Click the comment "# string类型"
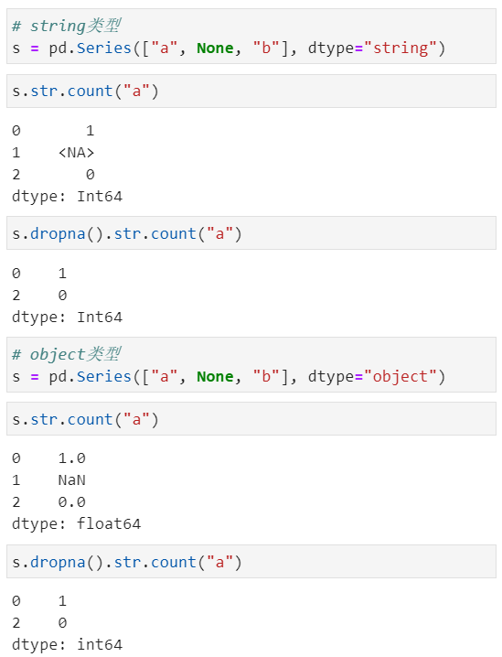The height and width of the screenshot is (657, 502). (67, 26)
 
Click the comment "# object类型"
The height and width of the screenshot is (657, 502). (67, 354)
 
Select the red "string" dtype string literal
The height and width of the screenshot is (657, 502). (401, 48)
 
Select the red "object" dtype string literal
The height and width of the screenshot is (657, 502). (401, 377)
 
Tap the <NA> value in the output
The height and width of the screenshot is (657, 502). (76, 153)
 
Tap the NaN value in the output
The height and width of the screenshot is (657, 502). (71, 480)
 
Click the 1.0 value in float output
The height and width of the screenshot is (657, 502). (71, 458)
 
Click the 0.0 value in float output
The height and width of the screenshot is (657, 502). (71, 502)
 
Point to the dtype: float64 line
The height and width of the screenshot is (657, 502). (76, 523)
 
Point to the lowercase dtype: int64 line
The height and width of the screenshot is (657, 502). (67, 644)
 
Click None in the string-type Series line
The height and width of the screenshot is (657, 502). (215, 48)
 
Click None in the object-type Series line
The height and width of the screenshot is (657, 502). (215, 377)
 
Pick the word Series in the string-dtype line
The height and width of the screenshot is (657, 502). (104, 48)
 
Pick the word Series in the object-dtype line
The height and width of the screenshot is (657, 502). (104, 377)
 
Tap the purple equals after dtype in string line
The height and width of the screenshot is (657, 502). (358, 48)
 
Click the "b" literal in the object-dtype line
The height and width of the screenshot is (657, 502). (266, 377)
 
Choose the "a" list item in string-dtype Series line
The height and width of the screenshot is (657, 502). (164, 48)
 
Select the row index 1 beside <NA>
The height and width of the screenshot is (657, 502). (16, 153)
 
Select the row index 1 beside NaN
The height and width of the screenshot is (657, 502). (16, 480)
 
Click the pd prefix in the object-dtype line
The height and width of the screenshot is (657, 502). (58, 377)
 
